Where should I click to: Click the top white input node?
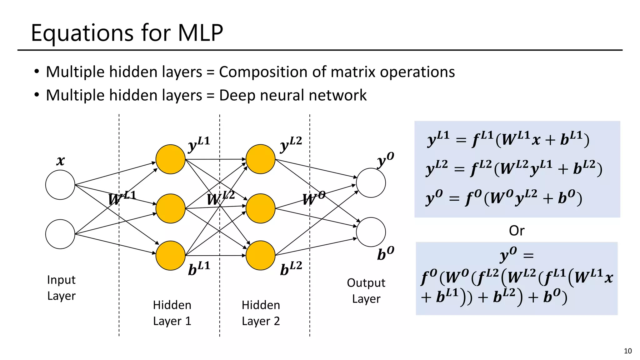pyautogui.click(x=60, y=185)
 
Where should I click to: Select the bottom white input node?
pyautogui.click(x=60, y=234)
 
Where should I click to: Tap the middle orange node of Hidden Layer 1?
pyautogui.click(x=170, y=208)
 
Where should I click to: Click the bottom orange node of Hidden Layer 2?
pyautogui.click(x=260, y=255)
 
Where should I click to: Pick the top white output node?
pyautogui.click(x=371, y=183)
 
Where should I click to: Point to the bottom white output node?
pyautogui.click(x=371, y=232)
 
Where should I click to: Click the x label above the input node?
pyautogui.click(x=60, y=161)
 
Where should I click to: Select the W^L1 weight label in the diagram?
pyautogui.click(x=122, y=198)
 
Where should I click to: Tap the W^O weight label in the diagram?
pyautogui.click(x=313, y=198)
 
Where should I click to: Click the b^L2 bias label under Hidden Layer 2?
pyautogui.click(x=291, y=268)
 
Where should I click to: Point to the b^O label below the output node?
pyautogui.click(x=385, y=253)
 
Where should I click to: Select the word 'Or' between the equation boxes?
pyautogui.click(x=517, y=231)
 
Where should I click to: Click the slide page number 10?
pyautogui.click(x=627, y=351)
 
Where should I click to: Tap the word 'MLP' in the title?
pyautogui.click(x=200, y=33)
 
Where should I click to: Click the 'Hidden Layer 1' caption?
pyautogui.click(x=172, y=313)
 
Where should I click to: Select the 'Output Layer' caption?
pyautogui.click(x=366, y=291)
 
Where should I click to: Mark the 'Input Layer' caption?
pyautogui.click(x=61, y=287)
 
